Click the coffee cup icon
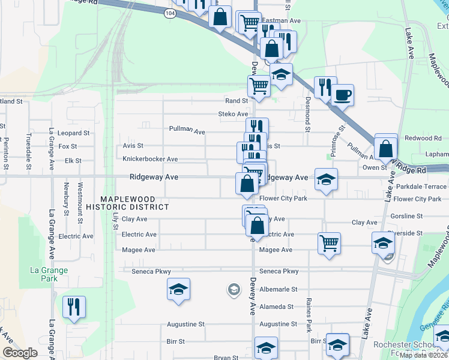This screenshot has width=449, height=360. (342, 95)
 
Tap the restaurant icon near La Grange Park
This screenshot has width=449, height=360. (74, 307)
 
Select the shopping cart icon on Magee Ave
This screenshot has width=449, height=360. (329, 243)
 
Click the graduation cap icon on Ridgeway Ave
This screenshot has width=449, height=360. (326, 179)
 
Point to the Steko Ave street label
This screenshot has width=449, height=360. (233, 114)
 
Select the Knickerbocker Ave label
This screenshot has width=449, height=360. (150, 159)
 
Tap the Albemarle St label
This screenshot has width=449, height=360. (278, 289)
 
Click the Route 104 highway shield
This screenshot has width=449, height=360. (170, 13)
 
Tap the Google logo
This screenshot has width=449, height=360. (19, 353)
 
